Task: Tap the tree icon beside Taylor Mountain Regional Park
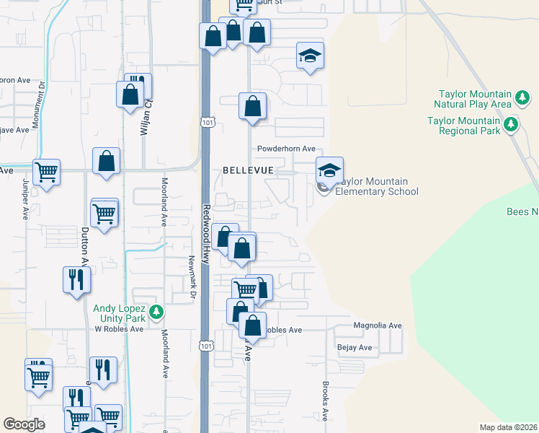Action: tap(511, 125)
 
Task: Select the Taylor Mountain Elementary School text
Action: tap(375, 186)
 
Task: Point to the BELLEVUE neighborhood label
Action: tap(248, 170)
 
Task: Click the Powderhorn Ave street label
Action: tap(287, 149)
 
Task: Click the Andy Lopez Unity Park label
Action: tap(120, 313)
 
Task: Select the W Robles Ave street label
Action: tap(119, 329)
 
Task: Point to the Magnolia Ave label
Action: tap(377, 325)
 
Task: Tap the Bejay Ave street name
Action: tap(355, 348)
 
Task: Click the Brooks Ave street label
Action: tap(325, 401)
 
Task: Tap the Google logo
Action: tap(24, 424)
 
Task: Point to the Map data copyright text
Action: tap(508, 427)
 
